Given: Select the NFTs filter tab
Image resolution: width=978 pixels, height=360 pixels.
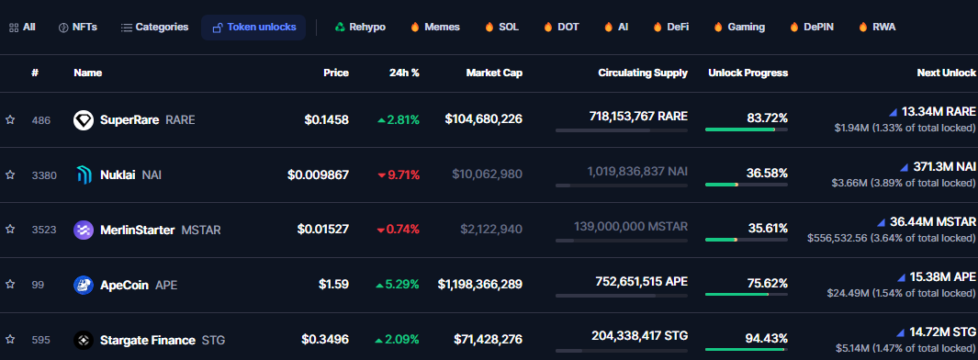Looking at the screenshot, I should click(x=78, y=28).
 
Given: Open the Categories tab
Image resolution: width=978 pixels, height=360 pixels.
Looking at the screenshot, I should click(x=154, y=28).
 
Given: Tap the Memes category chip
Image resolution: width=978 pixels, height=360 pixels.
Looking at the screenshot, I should click(x=435, y=28).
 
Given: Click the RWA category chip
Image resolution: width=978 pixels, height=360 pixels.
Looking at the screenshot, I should click(x=877, y=28).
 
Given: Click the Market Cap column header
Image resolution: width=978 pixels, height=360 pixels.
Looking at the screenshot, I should click(x=494, y=73).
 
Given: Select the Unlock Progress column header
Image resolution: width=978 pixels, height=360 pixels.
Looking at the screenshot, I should click(x=748, y=73).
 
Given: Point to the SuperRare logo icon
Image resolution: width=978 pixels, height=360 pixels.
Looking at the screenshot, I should click(x=84, y=119).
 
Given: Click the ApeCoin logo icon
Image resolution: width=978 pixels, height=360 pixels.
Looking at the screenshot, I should click(x=84, y=285).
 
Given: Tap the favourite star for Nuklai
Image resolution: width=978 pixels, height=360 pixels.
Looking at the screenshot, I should click(x=10, y=174).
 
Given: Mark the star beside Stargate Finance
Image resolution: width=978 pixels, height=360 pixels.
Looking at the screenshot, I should click(x=10, y=340).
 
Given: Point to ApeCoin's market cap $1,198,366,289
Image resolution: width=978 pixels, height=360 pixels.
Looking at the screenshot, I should click(x=480, y=285).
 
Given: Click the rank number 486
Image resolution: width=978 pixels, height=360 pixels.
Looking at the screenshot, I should click(x=39, y=119).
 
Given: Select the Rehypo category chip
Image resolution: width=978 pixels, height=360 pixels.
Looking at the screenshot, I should click(x=360, y=28).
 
